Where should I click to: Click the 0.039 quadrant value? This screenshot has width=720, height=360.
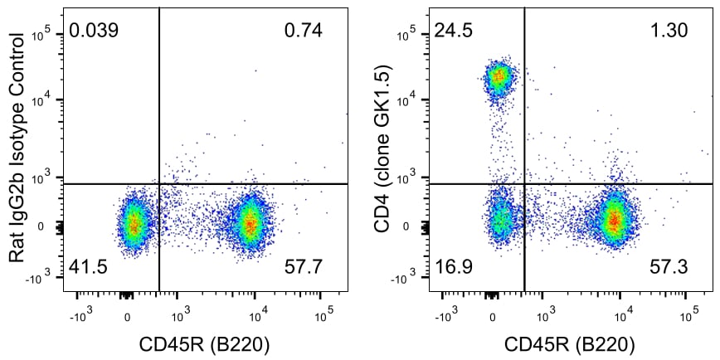click(x=94, y=32)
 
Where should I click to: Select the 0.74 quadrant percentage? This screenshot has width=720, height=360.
click(x=303, y=32)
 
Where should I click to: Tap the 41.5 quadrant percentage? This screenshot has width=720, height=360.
click(x=88, y=268)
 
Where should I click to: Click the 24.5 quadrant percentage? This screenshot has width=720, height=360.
click(x=452, y=32)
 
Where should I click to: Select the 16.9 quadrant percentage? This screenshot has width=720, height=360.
click(x=452, y=268)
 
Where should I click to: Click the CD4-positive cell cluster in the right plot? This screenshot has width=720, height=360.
click(x=499, y=78)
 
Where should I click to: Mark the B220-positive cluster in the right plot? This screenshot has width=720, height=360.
click(x=614, y=221)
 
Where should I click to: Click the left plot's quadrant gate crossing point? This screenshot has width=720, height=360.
click(x=158, y=183)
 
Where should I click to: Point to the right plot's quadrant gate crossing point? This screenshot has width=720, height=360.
click(x=524, y=183)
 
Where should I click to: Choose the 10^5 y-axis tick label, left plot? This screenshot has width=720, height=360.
click(x=44, y=33)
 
